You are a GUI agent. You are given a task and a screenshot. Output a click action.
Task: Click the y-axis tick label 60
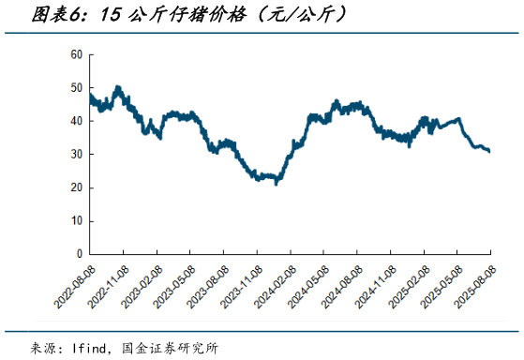pyautogui.click(x=77, y=54)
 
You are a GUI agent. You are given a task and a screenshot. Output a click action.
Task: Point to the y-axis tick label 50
pyautogui.click(x=77, y=88)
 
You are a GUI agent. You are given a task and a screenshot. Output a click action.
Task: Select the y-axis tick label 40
pyautogui.click(x=77, y=121)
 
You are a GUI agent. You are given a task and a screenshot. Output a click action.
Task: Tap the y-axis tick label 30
pyautogui.click(x=77, y=155)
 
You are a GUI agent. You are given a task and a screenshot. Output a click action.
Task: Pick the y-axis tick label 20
pyautogui.click(x=77, y=187)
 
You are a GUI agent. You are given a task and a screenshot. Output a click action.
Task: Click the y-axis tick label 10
pyautogui.click(x=77, y=220)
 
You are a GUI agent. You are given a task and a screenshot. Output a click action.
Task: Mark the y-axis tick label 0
pyautogui.click(x=80, y=254)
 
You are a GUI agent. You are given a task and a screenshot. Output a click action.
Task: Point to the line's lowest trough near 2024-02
pyautogui.click(x=276, y=183)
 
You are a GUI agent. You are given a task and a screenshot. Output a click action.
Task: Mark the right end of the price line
pyautogui.click(x=489, y=151)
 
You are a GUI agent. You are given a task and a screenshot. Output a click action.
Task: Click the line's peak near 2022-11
pyautogui.click(x=117, y=87)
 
